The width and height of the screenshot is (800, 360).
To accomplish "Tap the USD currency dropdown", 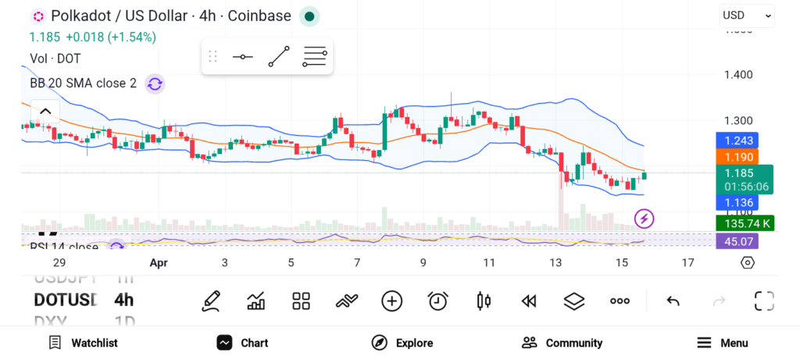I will pos(747,15).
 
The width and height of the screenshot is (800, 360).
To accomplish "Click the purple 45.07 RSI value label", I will pos(737,241).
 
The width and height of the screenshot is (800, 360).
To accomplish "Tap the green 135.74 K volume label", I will pos(745,223).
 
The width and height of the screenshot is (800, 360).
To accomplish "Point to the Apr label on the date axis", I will pos(159,262).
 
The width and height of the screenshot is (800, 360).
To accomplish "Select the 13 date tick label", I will pos(555,262).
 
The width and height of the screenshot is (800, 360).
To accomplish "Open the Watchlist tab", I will pos(83,343).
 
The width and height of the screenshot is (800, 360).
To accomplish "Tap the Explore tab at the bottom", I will pos(402,343).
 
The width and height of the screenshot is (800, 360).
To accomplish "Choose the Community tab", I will pos(562,343).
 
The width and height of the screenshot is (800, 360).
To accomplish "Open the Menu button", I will pos(722,343).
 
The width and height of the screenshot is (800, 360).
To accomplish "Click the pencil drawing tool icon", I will pos(210,301).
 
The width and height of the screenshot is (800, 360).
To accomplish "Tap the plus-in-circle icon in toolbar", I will pos(391,301).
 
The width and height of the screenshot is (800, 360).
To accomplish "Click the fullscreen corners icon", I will pos(763,301).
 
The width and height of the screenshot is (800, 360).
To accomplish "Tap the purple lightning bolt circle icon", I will pos(644,219).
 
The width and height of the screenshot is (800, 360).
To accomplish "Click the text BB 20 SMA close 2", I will pos(82,83).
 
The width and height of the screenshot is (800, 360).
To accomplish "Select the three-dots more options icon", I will pos(620,301).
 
